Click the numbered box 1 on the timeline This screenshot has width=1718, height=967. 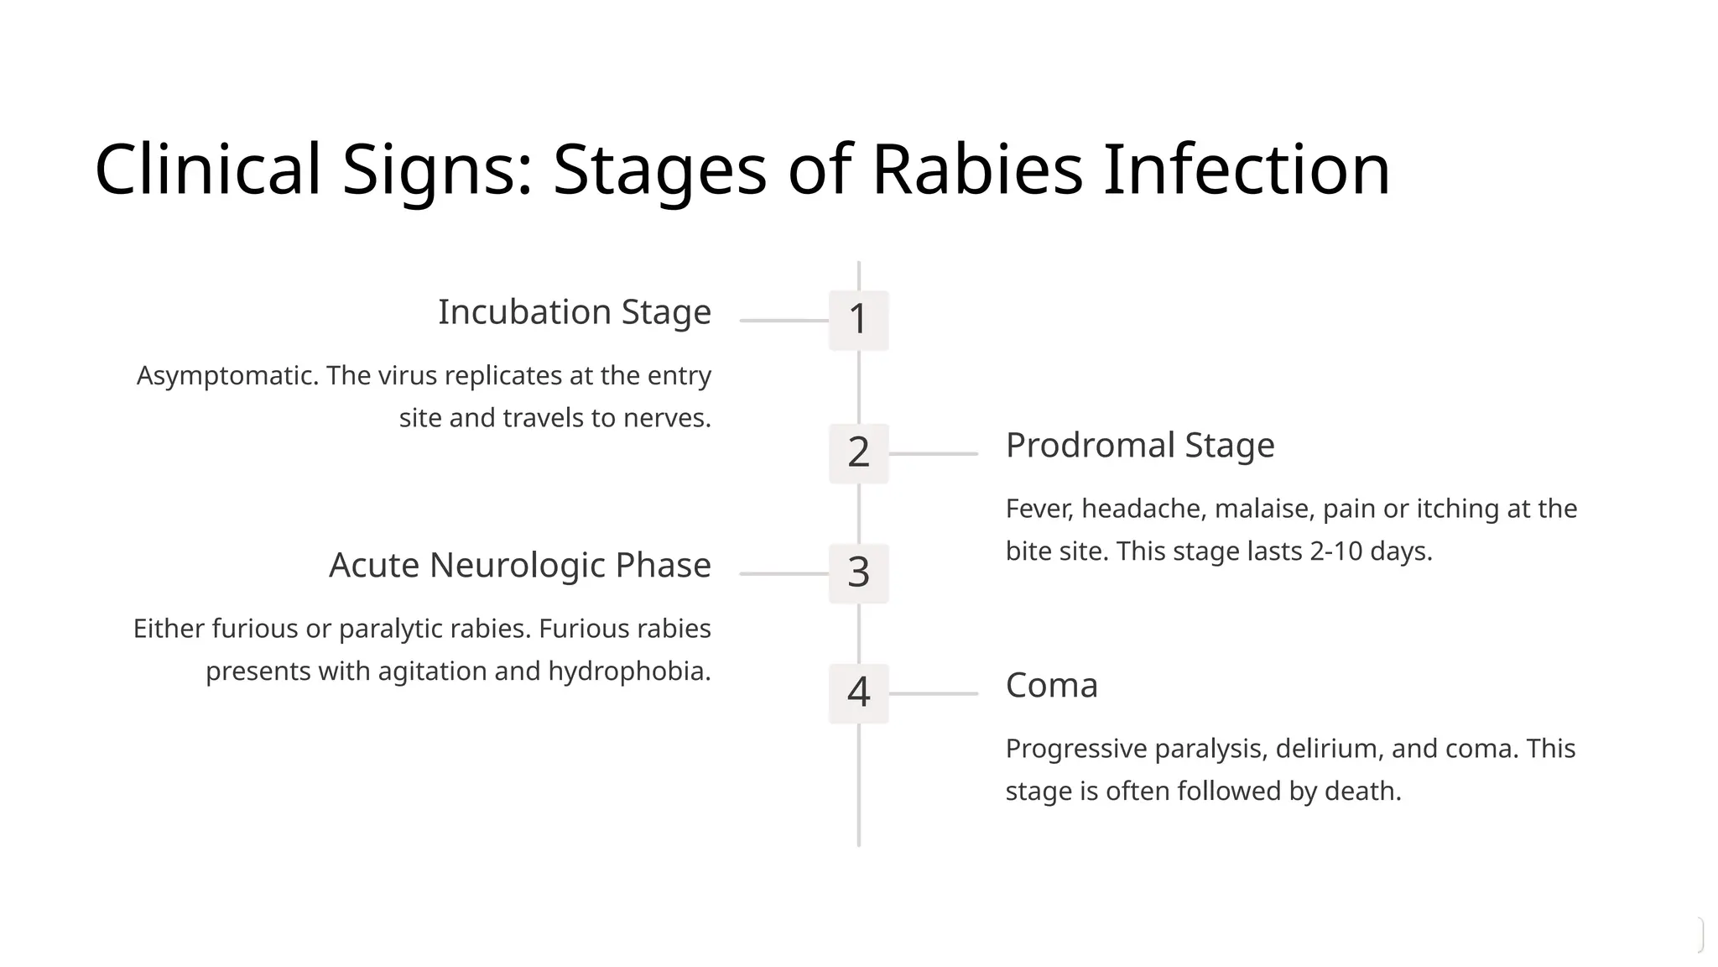[x=858, y=320]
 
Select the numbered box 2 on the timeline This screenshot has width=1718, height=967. [x=858, y=453]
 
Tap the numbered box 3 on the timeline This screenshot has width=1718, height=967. [x=858, y=573]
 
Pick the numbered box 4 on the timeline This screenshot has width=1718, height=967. [x=858, y=693]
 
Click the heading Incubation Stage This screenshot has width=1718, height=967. [x=574, y=312]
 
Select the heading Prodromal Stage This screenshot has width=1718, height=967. [x=1139, y=446]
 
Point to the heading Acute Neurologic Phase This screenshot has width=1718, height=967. [x=519, y=566]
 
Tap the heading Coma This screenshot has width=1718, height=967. [x=1051, y=686]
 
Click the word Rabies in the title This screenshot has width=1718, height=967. [x=977, y=170]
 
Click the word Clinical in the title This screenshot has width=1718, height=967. [x=208, y=170]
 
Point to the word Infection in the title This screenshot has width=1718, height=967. [x=1247, y=170]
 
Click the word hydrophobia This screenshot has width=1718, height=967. [x=628, y=672]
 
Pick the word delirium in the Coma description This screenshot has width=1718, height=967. [x=1328, y=749]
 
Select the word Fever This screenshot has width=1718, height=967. [x=1039, y=510]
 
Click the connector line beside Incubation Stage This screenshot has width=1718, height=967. [x=784, y=321]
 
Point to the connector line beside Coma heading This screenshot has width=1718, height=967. [x=933, y=693]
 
